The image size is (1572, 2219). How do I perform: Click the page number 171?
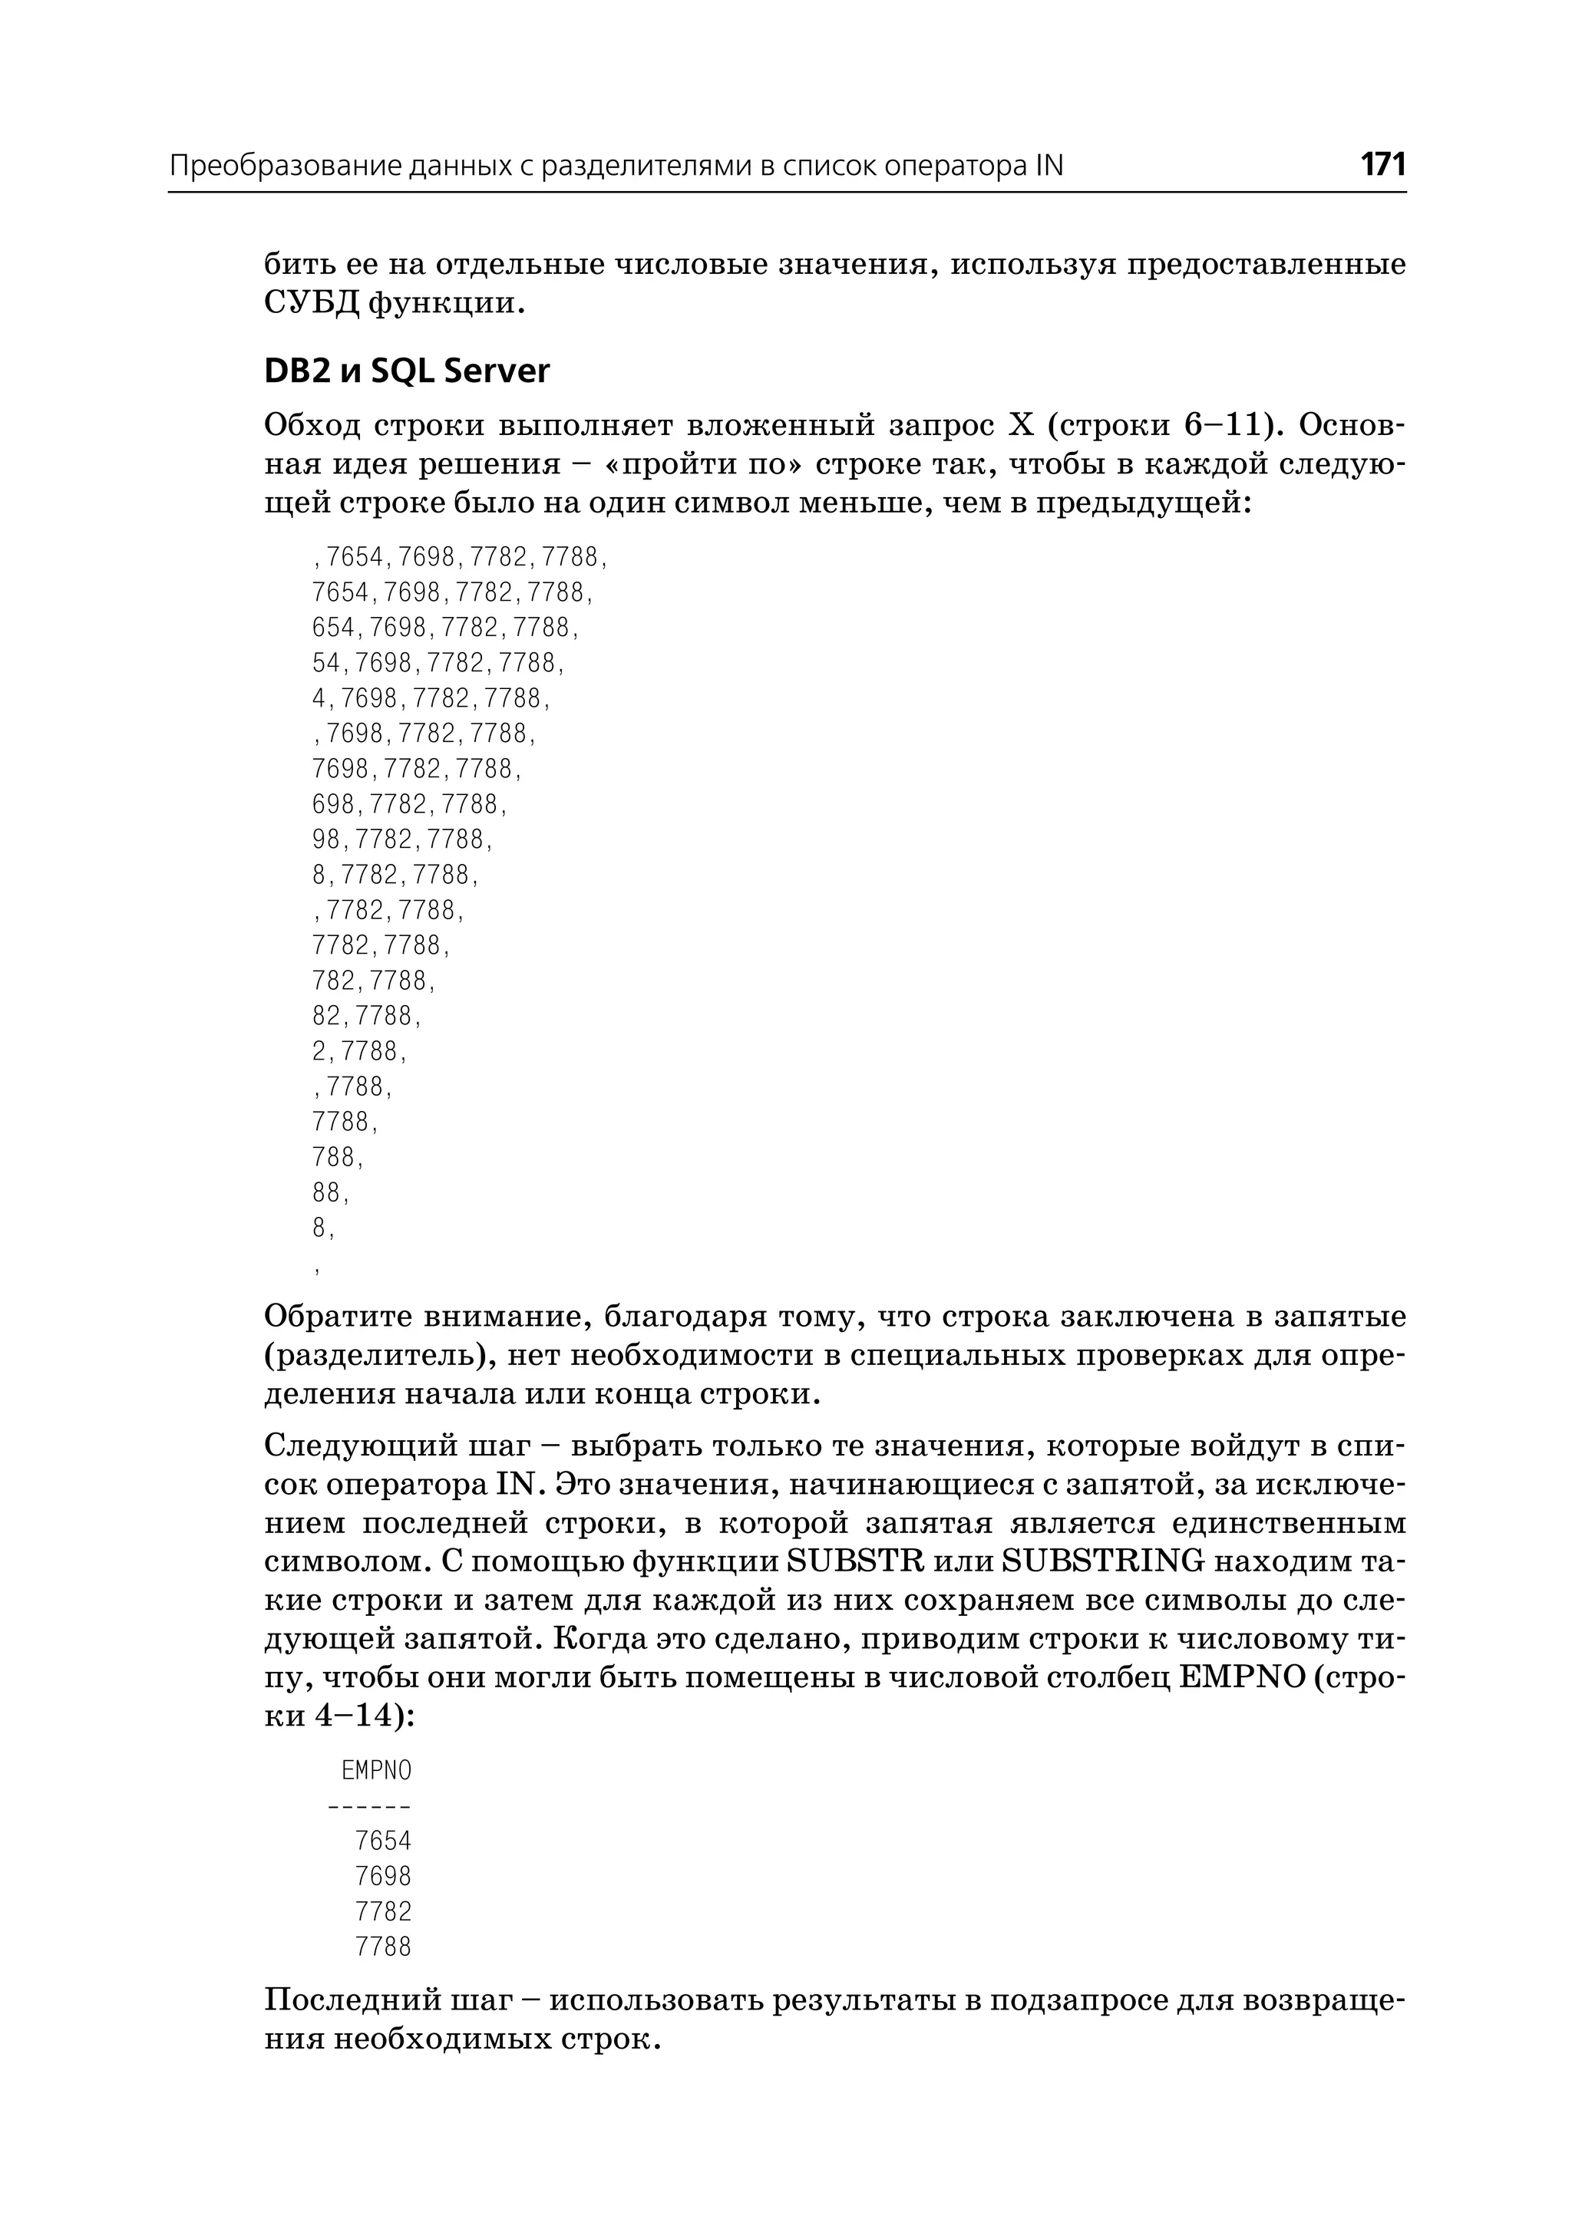pyautogui.click(x=1382, y=164)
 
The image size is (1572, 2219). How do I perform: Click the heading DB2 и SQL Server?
pyautogui.click(x=407, y=371)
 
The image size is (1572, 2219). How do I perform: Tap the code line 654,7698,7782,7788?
pyautogui.click(x=445, y=628)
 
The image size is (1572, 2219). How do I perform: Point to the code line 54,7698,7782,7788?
pyautogui.click(x=438, y=664)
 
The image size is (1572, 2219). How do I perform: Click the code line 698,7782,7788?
pyautogui.click(x=409, y=805)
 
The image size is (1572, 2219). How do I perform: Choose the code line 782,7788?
pyautogui.click(x=375, y=981)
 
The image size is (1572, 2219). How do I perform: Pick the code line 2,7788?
pyautogui.click(x=360, y=1052)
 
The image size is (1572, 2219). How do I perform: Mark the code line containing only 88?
pyautogui.click(x=331, y=1193)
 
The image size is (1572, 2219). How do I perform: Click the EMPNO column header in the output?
pyautogui.click(x=377, y=1771)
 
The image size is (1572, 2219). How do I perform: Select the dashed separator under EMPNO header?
pyautogui.click(x=370, y=1805)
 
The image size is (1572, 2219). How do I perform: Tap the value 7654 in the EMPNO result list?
pyautogui.click(x=383, y=1841)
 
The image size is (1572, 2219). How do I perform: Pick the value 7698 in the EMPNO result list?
pyautogui.click(x=383, y=1877)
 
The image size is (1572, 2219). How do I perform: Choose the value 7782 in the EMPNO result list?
pyautogui.click(x=383, y=1911)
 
